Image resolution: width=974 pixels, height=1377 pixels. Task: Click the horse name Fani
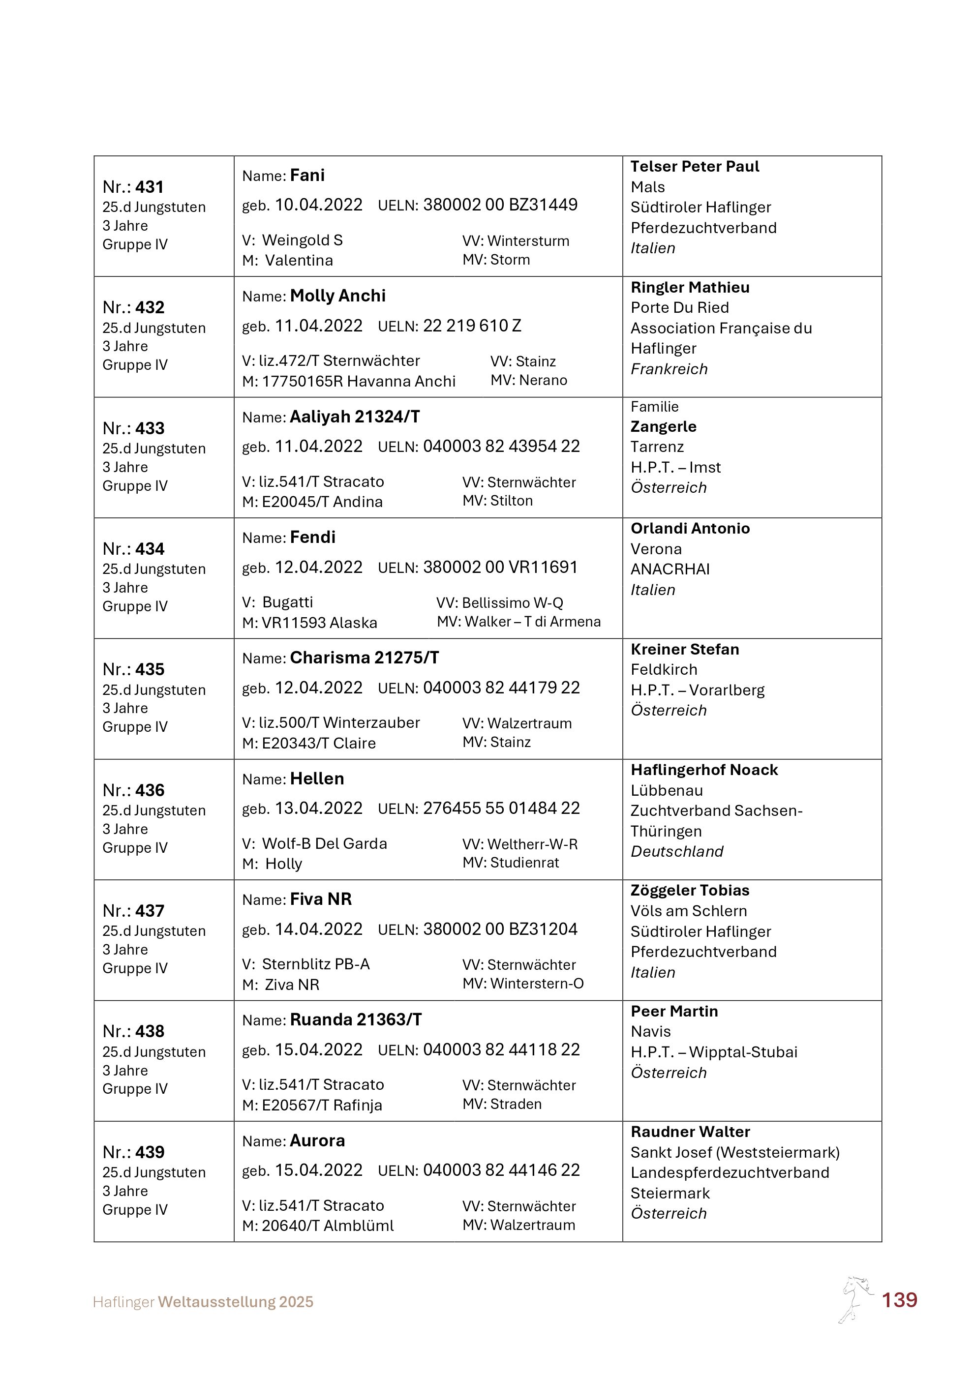click(307, 175)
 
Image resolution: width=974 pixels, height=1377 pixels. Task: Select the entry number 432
click(150, 308)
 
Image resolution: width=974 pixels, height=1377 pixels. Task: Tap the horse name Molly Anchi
click(337, 296)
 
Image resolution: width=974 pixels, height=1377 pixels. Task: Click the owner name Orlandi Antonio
click(690, 528)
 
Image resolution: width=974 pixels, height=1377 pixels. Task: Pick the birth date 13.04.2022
click(318, 808)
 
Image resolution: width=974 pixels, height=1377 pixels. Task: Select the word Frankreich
click(669, 369)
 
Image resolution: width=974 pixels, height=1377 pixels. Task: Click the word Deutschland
click(676, 852)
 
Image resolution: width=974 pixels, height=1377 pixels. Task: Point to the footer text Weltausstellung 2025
click(236, 1302)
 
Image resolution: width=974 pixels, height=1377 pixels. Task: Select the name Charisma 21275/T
click(364, 658)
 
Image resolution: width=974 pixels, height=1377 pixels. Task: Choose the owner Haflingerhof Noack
click(704, 770)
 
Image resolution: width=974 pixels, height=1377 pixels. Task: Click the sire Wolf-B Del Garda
click(325, 843)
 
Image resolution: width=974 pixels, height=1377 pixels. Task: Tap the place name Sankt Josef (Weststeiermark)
click(735, 1152)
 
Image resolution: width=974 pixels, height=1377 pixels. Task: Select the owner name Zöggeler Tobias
click(690, 890)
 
